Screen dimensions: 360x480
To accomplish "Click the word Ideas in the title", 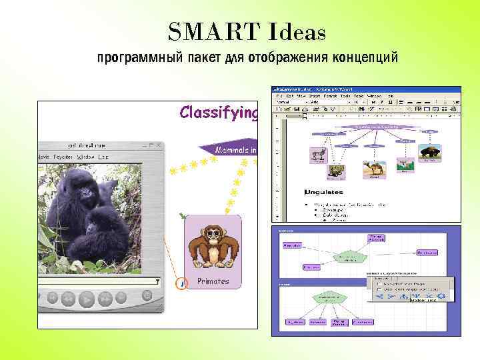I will pyautogui.click(x=288, y=31).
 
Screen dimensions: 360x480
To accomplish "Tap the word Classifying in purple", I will pyautogui.click(x=218, y=112).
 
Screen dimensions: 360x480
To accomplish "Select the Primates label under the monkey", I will pyautogui.click(x=213, y=281).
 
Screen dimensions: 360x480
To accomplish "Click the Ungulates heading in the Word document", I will pyautogui.click(x=324, y=192).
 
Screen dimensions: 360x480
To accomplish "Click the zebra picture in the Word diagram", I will pyautogui.click(x=318, y=155).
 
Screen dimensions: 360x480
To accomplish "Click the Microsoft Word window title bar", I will pyautogui.click(x=365, y=89).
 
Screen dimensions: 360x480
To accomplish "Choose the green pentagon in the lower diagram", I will pyautogui.click(x=327, y=298).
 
